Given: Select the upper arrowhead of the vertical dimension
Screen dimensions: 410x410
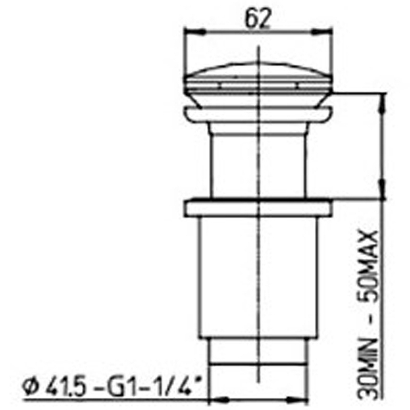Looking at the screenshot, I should (382, 99).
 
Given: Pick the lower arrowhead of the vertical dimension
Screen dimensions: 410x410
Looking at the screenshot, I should (382, 193).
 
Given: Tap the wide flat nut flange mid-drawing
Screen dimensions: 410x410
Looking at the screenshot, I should (259, 208).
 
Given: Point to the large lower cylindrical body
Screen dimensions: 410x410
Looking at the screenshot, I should (259, 277).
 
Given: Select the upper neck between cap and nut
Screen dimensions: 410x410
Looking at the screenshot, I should (259, 159).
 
